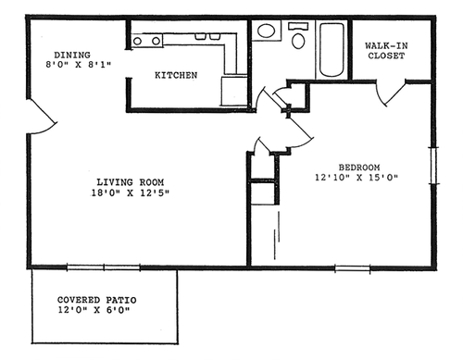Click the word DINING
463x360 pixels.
(x=72, y=55)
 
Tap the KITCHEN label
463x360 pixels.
(x=176, y=75)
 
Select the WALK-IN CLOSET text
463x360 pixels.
(x=386, y=51)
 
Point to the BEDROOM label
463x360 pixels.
(x=359, y=168)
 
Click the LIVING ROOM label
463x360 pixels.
(x=131, y=182)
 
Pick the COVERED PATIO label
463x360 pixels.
(x=97, y=300)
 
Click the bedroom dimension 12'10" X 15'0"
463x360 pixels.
(x=357, y=178)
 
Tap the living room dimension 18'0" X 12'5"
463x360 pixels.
(x=131, y=193)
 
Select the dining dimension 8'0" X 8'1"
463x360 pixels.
(x=78, y=65)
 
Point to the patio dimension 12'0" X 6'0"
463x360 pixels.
(x=94, y=310)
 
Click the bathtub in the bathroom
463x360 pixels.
(x=332, y=49)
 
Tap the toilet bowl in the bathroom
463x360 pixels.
(x=298, y=41)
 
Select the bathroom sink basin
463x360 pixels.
(x=266, y=31)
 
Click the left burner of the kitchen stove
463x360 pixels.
(x=137, y=41)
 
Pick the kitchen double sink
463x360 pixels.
(x=206, y=36)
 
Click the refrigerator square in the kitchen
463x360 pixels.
(x=234, y=92)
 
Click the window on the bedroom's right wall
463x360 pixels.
(x=434, y=166)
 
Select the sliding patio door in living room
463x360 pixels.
(x=104, y=267)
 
